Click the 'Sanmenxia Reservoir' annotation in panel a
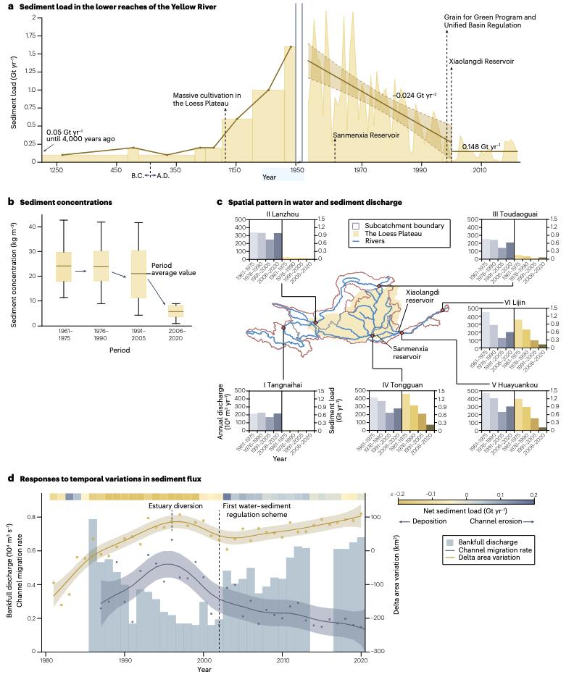363,135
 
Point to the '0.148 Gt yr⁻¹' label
481,146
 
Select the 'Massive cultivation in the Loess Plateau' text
207,99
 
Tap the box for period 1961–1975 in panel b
64,266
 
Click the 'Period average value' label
170,268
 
